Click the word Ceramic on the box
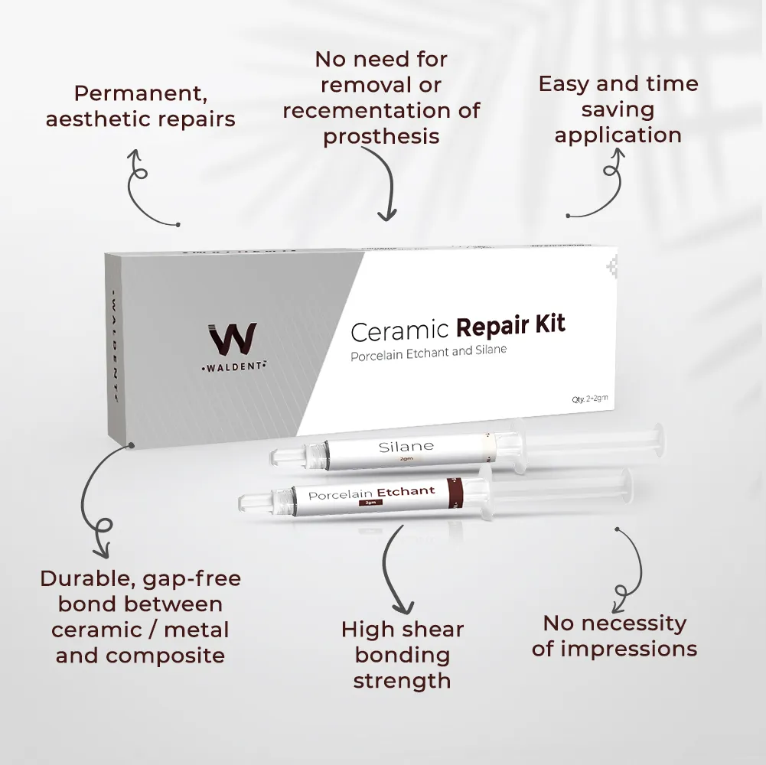pyautogui.click(x=399, y=330)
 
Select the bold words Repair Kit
pyautogui.click(x=510, y=324)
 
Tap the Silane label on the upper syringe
pyautogui.click(x=406, y=446)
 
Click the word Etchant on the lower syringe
pyautogui.click(x=406, y=491)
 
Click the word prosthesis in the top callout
pyautogui.click(x=381, y=136)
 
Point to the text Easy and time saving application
pyautogui.click(x=618, y=109)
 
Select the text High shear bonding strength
pyautogui.click(x=403, y=655)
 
